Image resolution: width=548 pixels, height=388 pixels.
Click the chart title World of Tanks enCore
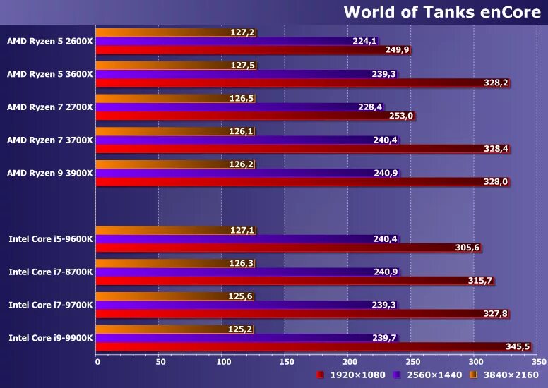pos(442,12)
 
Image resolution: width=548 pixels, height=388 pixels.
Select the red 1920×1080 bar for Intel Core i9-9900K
pos(311,346)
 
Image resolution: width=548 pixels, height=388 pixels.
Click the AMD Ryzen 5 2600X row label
pos(49,41)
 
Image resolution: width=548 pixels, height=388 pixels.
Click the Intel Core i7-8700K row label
pos(51,272)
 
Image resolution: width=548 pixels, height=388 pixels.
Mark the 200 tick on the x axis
pos(347,361)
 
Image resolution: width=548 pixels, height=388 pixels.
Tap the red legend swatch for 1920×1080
pos(321,375)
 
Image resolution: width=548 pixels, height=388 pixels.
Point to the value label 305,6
pos(468,248)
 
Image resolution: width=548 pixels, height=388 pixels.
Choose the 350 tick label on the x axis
pos(538,361)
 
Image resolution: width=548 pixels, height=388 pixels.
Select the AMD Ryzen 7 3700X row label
pos(49,140)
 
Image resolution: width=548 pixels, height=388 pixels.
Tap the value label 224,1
pos(364,41)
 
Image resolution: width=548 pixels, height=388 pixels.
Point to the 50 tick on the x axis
pos(160,361)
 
